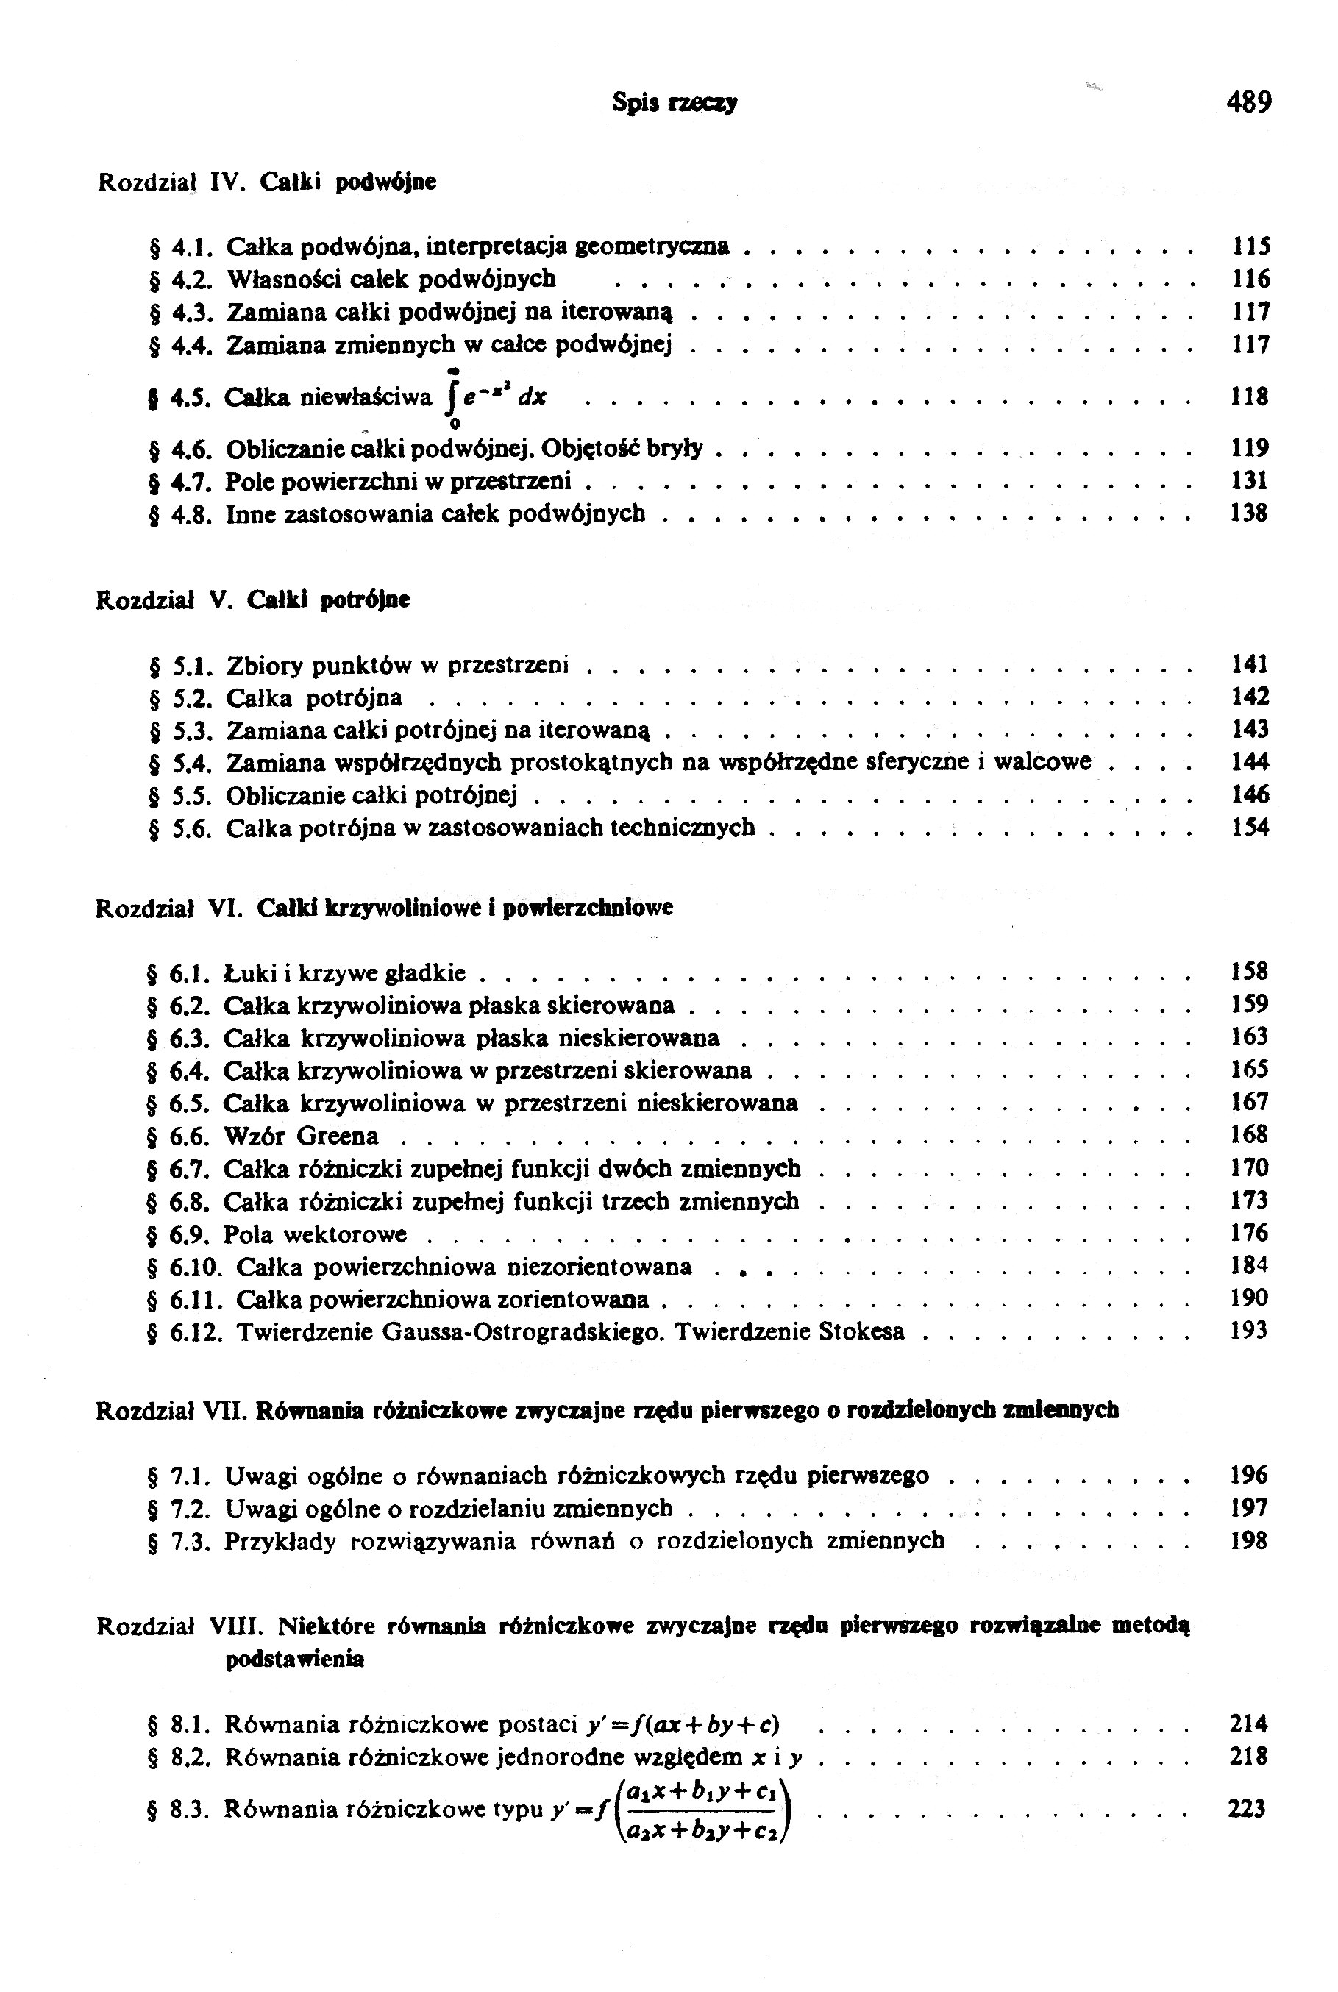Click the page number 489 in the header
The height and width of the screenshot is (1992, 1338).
pyautogui.click(x=1248, y=102)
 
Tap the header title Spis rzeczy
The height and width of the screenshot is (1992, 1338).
pyautogui.click(x=674, y=103)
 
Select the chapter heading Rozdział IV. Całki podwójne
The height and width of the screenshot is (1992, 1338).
pyautogui.click(x=267, y=182)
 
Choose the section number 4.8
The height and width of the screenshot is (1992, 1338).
pyautogui.click(x=191, y=514)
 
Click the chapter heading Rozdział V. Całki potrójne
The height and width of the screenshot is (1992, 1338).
pyautogui.click(x=252, y=600)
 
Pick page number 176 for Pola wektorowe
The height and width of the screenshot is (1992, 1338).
pyautogui.click(x=1249, y=1234)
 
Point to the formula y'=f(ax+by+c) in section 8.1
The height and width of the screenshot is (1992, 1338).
pyautogui.click(x=683, y=1725)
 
